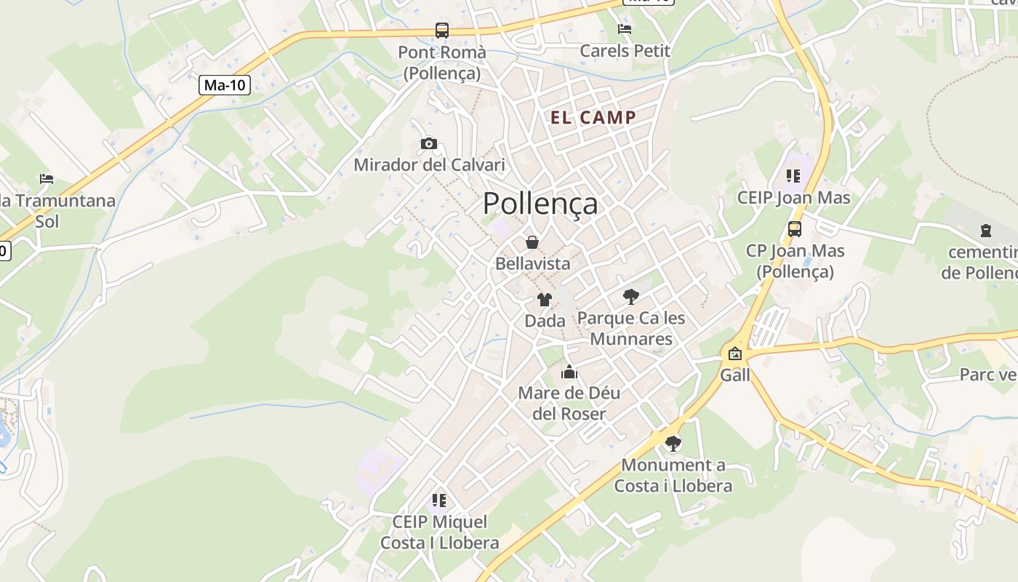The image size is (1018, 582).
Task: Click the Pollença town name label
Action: pos(540,204)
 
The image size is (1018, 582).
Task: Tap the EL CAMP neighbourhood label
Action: pos(593,117)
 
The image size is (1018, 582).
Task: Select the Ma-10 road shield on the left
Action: pos(225,85)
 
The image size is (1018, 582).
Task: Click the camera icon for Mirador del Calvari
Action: pos(429,143)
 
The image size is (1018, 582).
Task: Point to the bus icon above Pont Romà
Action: pos(442,31)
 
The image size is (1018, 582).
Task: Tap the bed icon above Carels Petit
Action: pos(625,29)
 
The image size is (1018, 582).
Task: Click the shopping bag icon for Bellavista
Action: pos(532,242)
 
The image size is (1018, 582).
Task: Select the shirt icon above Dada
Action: pos(544,299)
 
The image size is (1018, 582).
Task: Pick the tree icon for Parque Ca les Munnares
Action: pos(630,296)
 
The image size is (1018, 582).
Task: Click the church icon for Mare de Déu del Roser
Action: pos(569,372)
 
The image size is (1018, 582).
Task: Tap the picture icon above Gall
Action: pos(735,354)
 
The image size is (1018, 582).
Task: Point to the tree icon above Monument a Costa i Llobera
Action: pos(673,443)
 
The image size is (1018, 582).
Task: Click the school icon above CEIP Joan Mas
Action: pos(793,176)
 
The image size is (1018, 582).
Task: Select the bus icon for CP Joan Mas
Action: pos(795,229)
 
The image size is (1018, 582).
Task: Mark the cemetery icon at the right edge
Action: pos(986,231)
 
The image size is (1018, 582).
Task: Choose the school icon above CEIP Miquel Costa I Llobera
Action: pos(439,501)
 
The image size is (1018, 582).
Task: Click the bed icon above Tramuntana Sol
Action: pos(47,178)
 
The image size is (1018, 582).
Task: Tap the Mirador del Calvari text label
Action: pos(429,165)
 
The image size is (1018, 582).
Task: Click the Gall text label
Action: pos(735,375)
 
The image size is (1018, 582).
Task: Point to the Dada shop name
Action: pos(545,321)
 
